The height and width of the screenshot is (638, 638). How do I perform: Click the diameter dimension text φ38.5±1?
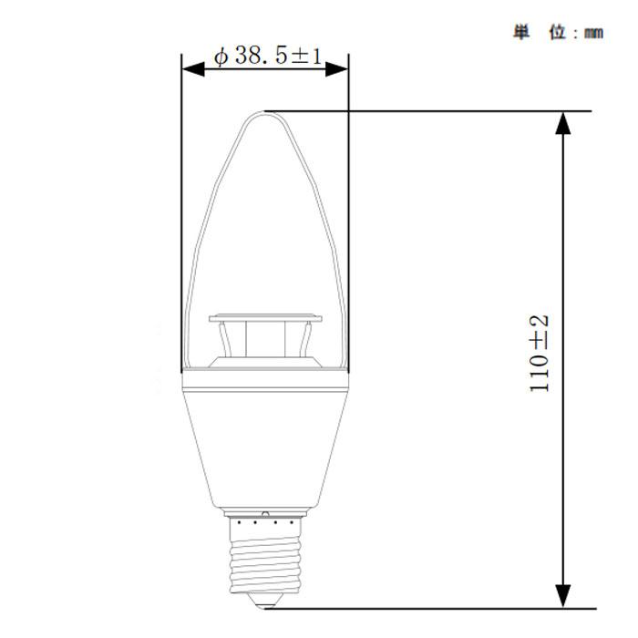(x=267, y=57)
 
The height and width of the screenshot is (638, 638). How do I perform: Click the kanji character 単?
(x=521, y=33)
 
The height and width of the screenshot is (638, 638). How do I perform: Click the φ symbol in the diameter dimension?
(x=221, y=57)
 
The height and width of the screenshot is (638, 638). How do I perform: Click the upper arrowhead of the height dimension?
(x=565, y=123)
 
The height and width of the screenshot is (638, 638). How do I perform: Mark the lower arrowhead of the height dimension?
(x=565, y=596)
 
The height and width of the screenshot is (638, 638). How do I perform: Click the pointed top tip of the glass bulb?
(x=264, y=112)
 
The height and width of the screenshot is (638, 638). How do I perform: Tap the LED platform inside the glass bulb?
(x=265, y=319)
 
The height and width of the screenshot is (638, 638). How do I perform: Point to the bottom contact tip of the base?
(x=265, y=602)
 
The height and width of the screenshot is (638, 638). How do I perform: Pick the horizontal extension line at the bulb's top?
(x=428, y=111)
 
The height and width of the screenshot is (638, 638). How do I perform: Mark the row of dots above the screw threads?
(x=265, y=523)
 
